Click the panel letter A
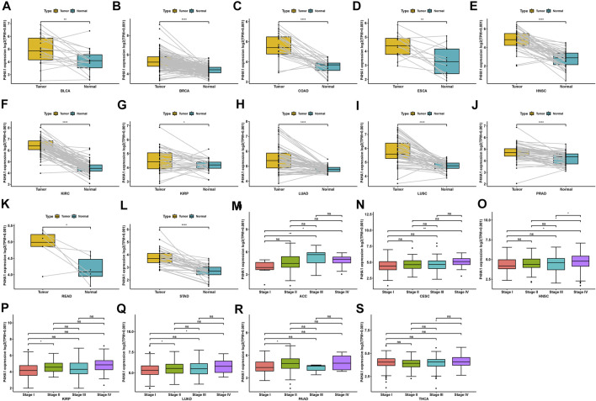click(x=6, y=8)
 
